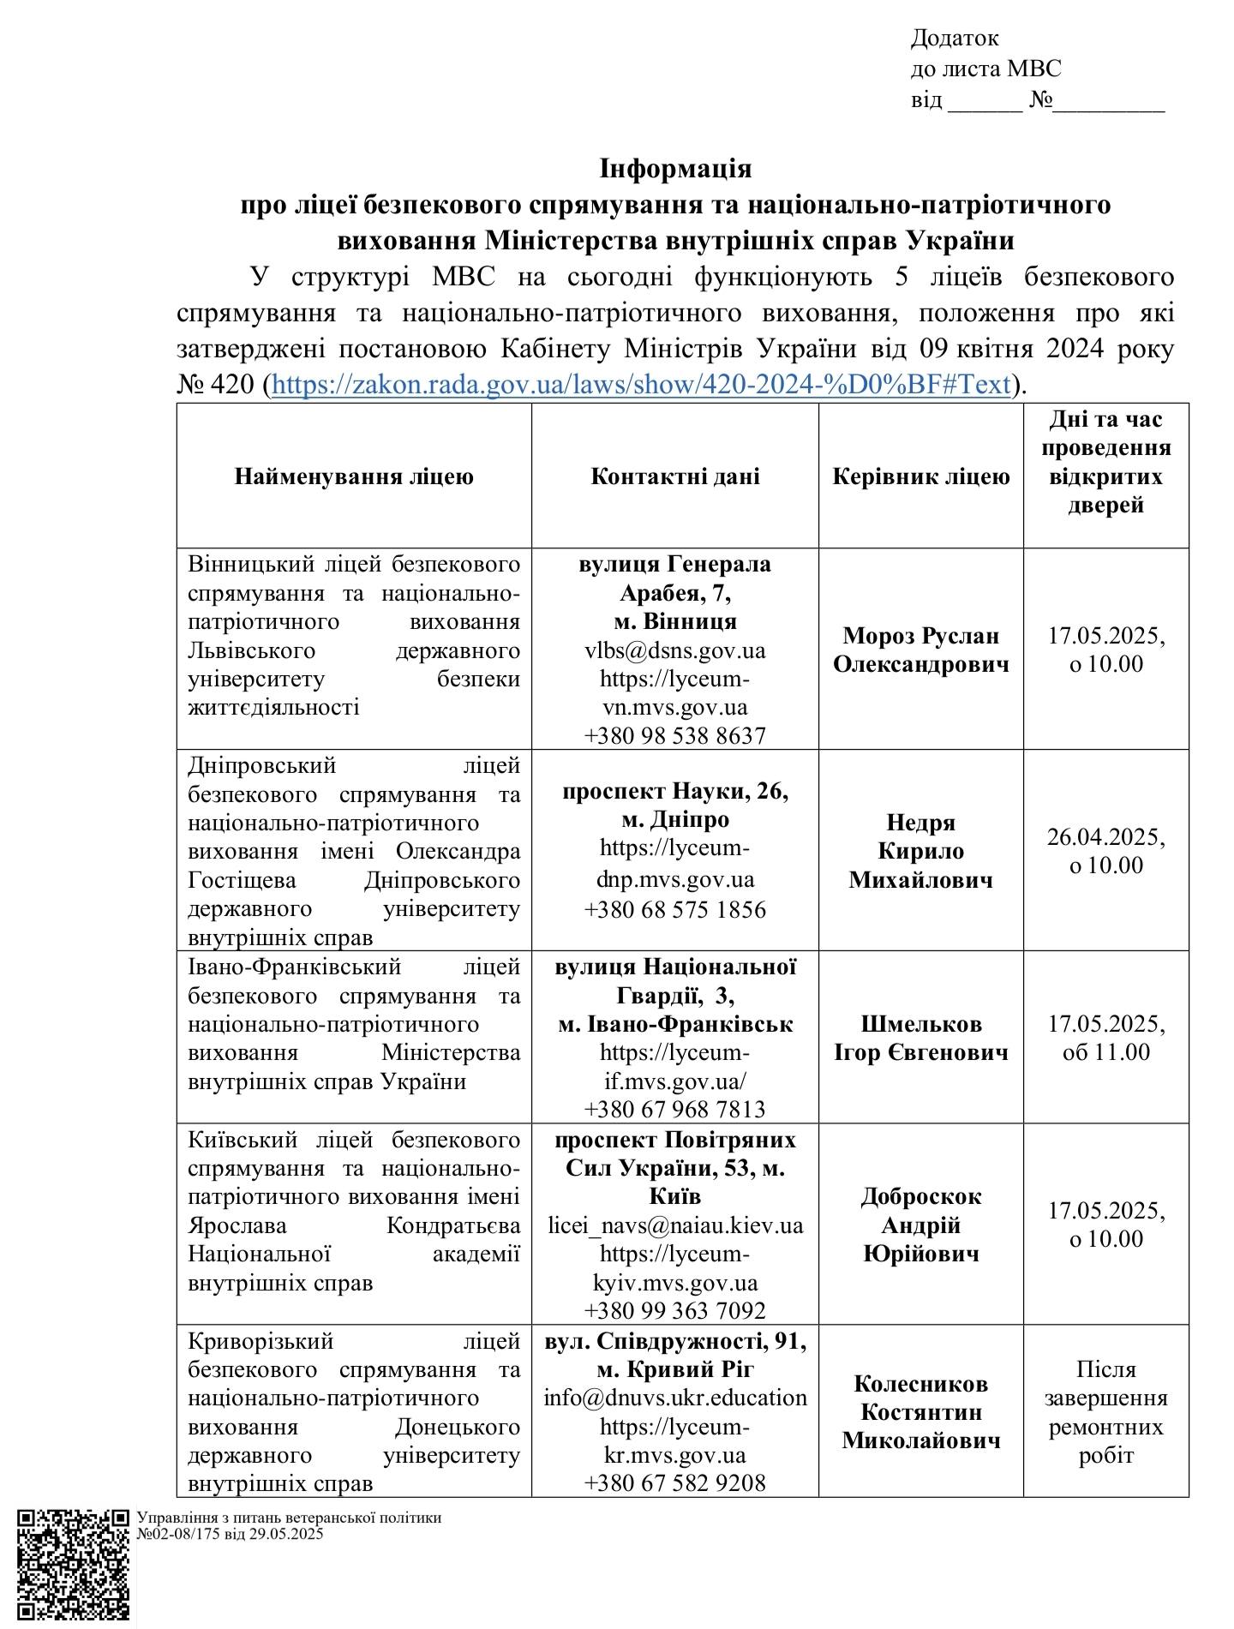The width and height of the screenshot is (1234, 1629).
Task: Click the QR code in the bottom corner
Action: (74, 1565)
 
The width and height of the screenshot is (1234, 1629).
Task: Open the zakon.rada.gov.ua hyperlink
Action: (641, 385)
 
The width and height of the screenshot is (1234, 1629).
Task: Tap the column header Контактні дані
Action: (674, 476)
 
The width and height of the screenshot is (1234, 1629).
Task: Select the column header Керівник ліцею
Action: (920, 476)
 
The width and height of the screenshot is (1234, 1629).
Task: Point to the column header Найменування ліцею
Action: (354, 476)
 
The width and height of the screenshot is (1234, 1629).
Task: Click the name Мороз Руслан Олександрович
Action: (920, 650)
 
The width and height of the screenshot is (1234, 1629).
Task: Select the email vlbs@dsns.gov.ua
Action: (674, 650)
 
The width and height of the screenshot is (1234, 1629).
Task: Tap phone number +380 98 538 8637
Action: (674, 735)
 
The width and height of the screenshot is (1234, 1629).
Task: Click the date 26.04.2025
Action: (1105, 836)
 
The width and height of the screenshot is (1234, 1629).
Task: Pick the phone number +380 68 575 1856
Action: (674, 909)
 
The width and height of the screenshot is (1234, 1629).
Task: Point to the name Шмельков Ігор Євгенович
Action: (920, 1038)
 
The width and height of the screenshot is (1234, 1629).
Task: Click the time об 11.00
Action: (1105, 1052)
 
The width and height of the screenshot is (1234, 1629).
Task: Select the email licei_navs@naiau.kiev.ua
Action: (675, 1225)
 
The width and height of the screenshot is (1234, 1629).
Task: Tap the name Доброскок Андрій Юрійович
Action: (920, 1225)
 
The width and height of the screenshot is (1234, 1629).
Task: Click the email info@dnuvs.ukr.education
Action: (675, 1398)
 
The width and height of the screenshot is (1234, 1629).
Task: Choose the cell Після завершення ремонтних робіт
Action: (1105, 1411)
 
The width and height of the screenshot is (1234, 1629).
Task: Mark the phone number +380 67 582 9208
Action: (674, 1482)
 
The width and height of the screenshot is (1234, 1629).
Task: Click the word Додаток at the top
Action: (955, 39)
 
